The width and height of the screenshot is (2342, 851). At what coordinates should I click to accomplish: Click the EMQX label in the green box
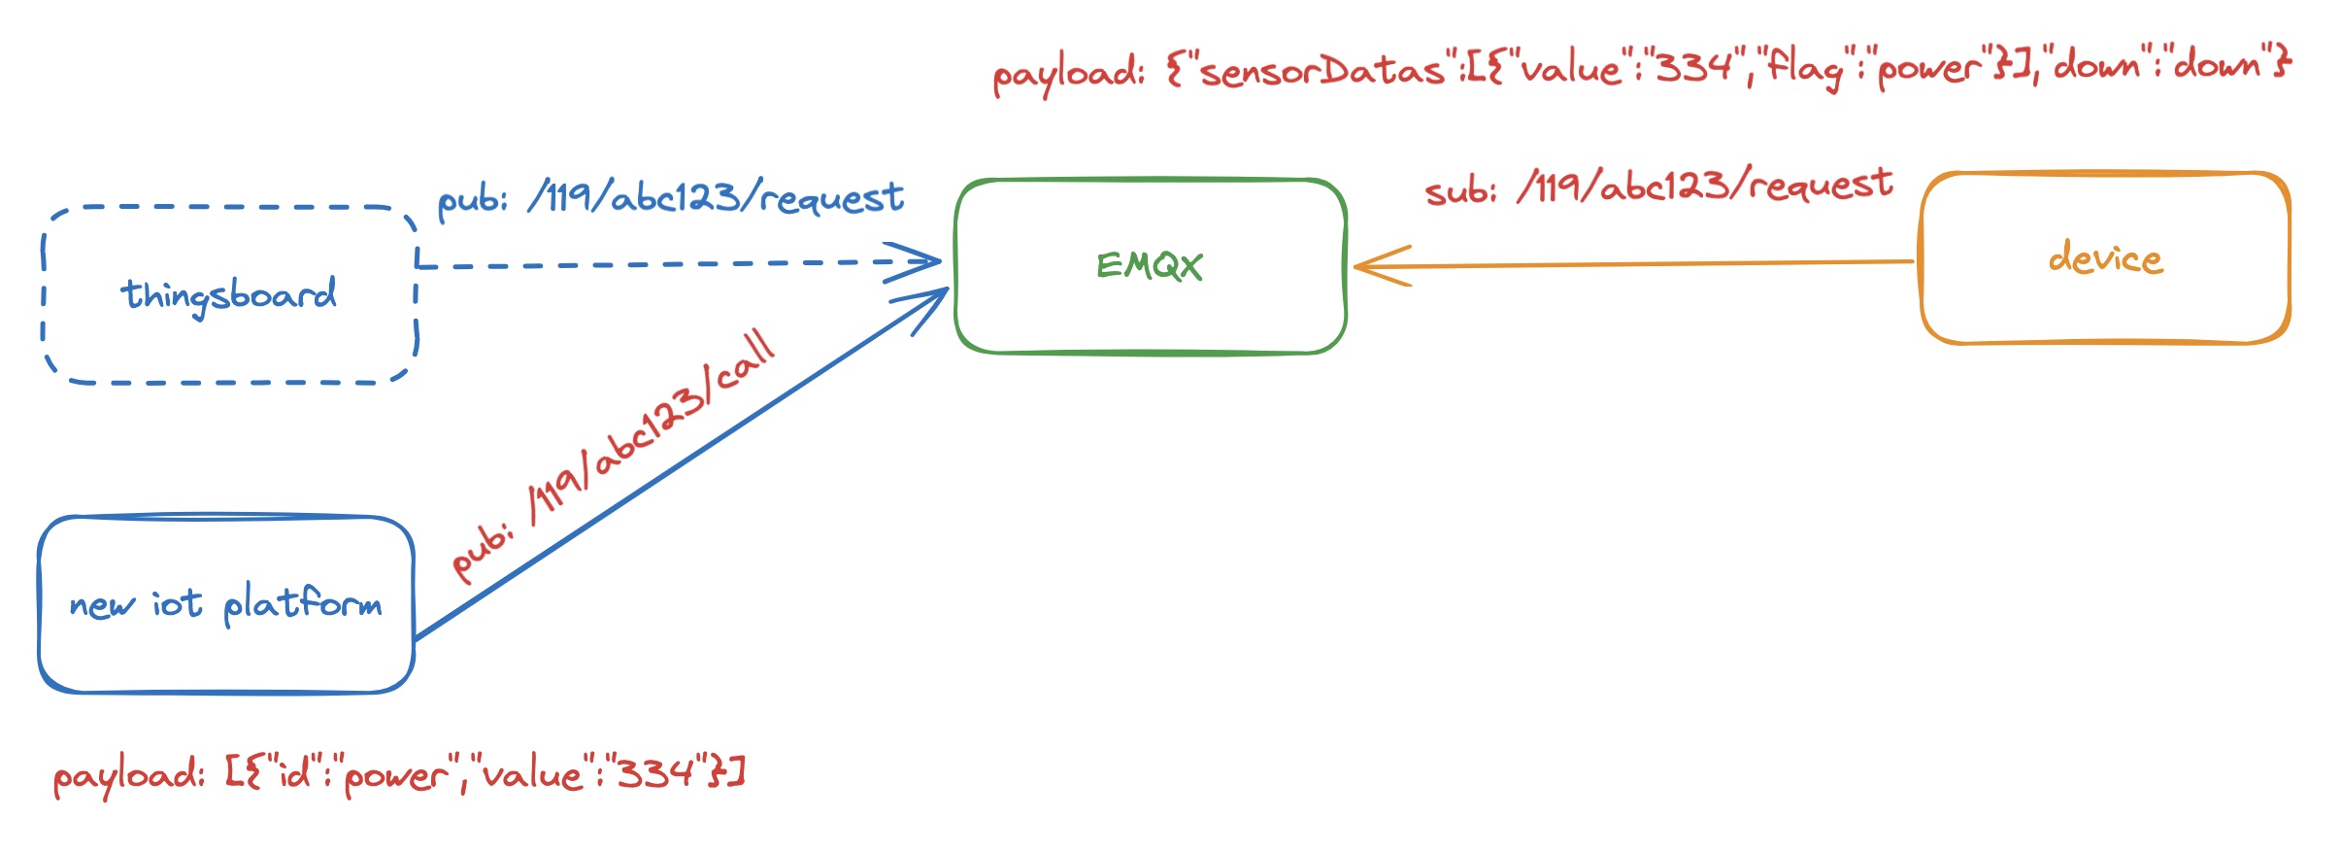(1150, 265)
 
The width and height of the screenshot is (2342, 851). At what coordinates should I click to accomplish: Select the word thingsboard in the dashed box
(229, 294)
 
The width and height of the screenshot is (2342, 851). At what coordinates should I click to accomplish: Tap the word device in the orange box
(2105, 259)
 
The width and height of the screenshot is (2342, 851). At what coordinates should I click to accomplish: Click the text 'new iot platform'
(225, 604)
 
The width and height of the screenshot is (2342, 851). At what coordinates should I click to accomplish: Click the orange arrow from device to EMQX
(1641, 263)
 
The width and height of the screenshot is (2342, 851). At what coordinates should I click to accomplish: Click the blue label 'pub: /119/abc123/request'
(670, 198)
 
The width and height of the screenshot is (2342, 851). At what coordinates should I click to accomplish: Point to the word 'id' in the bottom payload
(294, 774)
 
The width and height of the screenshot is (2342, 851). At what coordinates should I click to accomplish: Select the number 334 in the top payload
(1694, 68)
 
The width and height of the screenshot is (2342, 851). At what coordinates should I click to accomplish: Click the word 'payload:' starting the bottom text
(128, 776)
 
